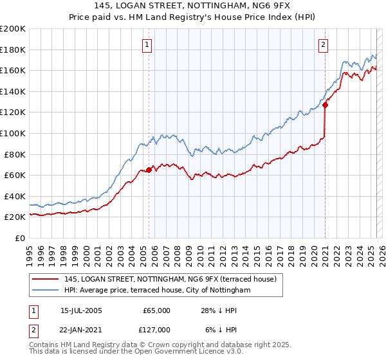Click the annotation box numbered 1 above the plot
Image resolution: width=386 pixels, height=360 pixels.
148,45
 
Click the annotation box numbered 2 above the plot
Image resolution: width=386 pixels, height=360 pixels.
323,45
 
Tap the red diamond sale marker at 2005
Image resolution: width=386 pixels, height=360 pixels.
149,170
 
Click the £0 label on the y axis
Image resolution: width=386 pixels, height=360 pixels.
20,238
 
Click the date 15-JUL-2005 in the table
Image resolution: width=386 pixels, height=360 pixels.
81,310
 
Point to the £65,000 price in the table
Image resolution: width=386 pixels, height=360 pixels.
157,310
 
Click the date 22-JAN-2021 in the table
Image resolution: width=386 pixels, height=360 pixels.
81,330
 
